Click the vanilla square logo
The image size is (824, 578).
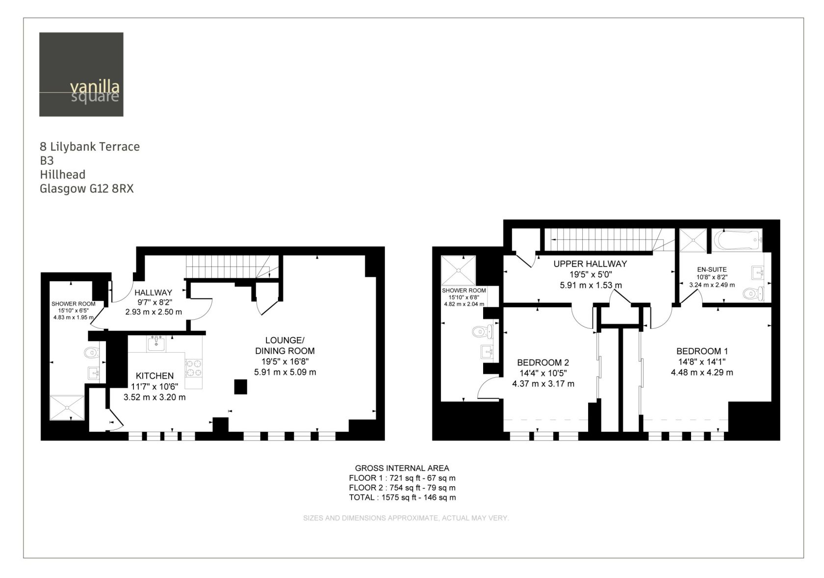pyautogui.click(x=81, y=74)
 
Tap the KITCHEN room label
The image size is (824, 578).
pyautogui.click(x=154, y=376)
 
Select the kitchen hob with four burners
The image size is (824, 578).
pyautogui.click(x=193, y=368)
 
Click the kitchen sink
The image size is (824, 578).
pyautogui.click(x=156, y=343)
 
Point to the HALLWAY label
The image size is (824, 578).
pyautogui.click(x=154, y=292)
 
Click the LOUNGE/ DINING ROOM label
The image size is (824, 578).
pyautogui.click(x=285, y=345)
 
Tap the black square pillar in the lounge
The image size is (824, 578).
pyautogui.click(x=240, y=387)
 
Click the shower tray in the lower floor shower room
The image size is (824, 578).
pyautogui.click(x=67, y=407)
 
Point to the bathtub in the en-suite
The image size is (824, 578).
pyautogui.click(x=737, y=240)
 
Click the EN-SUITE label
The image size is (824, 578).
pyautogui.click(x=712, y=269)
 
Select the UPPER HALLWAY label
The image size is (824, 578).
pyautogui.click(x=590, y=264)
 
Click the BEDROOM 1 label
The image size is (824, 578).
pyautogui.click(x=702, y=351)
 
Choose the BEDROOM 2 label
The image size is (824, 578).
pyautogui.click(x=543, y=363)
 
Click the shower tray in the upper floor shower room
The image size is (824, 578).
pyautogui.click(x=458, y=270)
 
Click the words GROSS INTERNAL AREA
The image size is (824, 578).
pyautogui.click(x=402, y=468)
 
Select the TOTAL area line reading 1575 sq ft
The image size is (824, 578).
pyautogui.click(x=402, y=498)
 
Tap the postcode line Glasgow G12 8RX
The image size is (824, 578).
pyautogui.click(x=87, y=189)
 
